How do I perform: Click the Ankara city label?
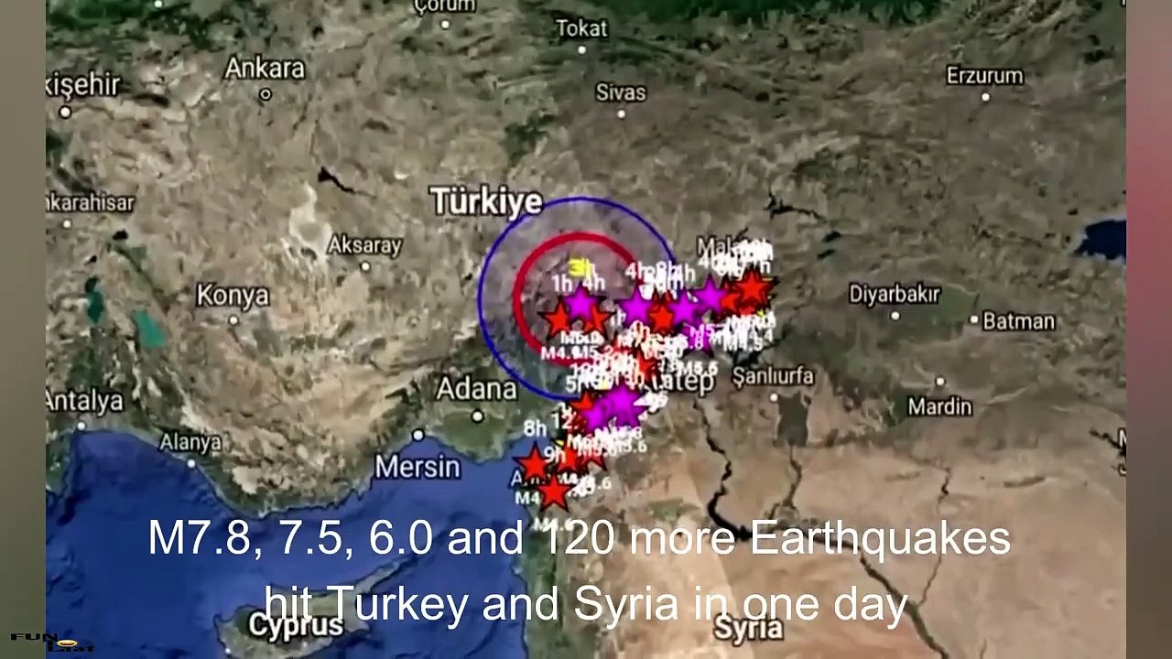(x=265, y=68)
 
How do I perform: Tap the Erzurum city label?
(x=984, y=74)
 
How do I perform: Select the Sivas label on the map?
(x=621, y=92)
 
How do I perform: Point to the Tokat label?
(x=581, y=28)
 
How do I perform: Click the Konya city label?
(x=233, y=296)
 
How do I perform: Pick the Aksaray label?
(x=364, y=245)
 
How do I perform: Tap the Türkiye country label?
(x=486, y=202)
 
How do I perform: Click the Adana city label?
(x=476, y=389)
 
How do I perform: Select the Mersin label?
(x=418, y=467)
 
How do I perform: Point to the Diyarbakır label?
(x=895, y=294)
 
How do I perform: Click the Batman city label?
(x=1018, y=321)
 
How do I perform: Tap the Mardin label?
(x=939, y=406)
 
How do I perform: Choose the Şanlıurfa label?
(x=773, y=375)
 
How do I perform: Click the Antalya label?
(x=85, y=401)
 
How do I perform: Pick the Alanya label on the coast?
(x=190, y=442)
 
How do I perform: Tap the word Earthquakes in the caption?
(x=880, y=539)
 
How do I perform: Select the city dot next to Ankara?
(x=266, y=93)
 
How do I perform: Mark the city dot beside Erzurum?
(x=985, y=97)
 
